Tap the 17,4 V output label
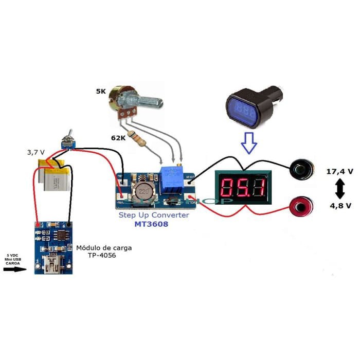[339, 171]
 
